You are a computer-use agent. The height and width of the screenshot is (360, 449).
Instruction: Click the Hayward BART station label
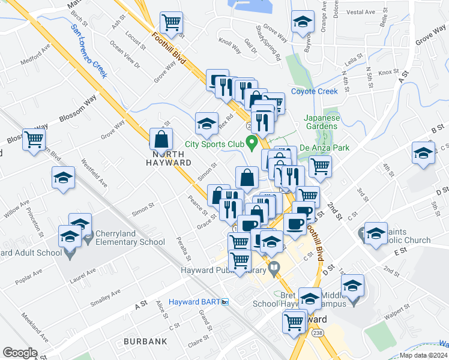(194, 301)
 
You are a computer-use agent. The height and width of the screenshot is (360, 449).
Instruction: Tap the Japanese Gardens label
(322, 121)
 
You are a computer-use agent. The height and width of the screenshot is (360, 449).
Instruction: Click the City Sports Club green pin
(253, 143)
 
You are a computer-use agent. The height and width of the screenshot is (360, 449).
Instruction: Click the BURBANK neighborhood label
(145, 341)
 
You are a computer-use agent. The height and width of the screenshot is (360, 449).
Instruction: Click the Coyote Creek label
(315, 91)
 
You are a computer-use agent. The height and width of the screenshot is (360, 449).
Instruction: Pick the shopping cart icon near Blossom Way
(34, 139)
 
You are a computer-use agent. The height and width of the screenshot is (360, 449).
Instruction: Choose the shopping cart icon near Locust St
(172, 23)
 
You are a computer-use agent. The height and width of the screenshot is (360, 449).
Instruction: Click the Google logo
(20, 353)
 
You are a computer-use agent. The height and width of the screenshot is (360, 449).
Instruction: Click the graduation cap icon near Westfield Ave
(63, 178)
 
